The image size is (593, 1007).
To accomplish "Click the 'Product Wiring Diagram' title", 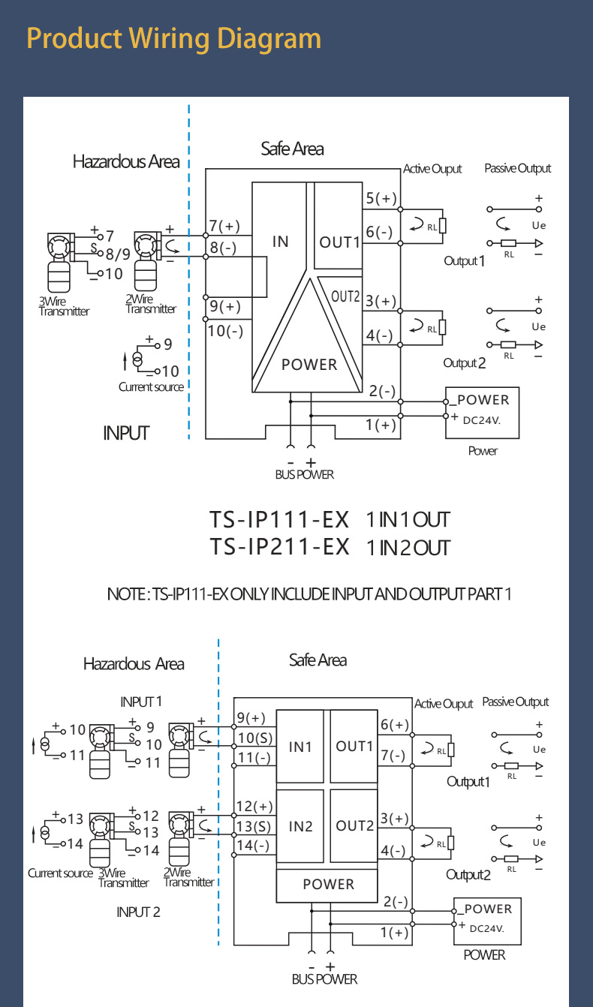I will [x=173, y=38].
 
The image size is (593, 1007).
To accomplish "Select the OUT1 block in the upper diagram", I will [x=340, y=242].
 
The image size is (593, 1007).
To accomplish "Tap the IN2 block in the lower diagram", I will [x=300, y=826].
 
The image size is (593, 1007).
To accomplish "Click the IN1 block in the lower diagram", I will [x=300, y=747].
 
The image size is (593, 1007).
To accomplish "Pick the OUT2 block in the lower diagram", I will [x=354, y=825].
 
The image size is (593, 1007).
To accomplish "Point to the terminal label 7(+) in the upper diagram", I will [x=224, y=226].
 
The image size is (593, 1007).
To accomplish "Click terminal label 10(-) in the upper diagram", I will [x=224, y=330].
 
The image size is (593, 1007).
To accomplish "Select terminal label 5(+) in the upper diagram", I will [x=381, y=199].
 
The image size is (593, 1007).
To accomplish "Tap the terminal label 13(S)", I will [x=254, y=826].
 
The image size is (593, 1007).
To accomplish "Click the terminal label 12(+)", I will [x=254, y=807].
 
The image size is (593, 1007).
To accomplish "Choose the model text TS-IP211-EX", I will [x=280, y=546].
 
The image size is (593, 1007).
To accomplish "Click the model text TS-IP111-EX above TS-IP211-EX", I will [x=280, y=519].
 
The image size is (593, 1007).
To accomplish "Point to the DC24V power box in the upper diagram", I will [x=483, y=409].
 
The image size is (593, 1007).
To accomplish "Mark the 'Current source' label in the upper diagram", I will [x=151, y=387].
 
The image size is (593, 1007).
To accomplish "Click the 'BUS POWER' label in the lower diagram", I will [x=324, y=979].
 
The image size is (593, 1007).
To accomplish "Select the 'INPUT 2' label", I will [x=138, y=912].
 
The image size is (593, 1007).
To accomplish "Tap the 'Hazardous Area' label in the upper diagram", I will [x=126, y=161].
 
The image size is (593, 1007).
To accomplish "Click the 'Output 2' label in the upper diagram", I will [x=465, y=363].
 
